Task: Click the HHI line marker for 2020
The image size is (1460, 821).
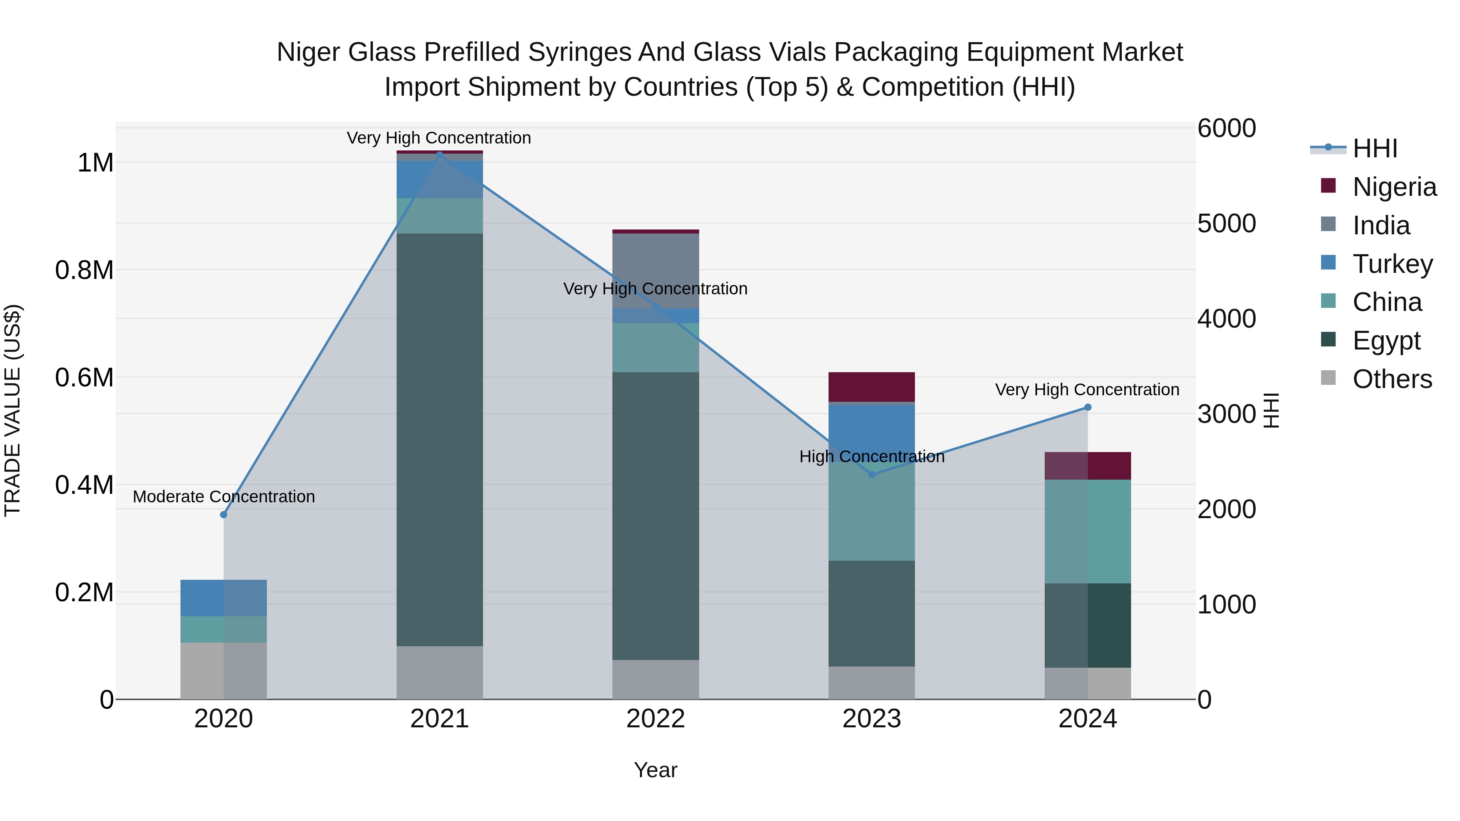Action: (x=223, y=514)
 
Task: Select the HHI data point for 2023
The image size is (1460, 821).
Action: (x=872, y=475)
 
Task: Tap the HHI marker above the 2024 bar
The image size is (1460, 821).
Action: (x=1088, y=407)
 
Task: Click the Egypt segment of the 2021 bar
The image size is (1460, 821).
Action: (x=440, y=439)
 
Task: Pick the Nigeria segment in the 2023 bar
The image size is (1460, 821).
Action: (x=872, y=387)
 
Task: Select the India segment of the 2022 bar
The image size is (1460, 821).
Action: (x=656, y=271)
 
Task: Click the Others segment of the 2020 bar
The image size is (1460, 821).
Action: (x=223, y=671)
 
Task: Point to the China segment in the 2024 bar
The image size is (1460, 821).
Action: (x=1088, y=532)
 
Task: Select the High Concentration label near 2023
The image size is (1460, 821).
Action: (x=872, y=457)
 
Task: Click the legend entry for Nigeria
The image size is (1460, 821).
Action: (x=1394, y=187)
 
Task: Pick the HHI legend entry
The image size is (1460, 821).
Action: (x=1374, y=148)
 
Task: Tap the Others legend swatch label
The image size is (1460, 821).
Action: (x=1392, y=379)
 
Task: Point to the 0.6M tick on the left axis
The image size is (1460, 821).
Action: (x=84, y=378)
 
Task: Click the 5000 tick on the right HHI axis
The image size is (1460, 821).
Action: (x=1226, y=224)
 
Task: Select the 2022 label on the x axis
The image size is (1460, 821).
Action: (x=656, y=719)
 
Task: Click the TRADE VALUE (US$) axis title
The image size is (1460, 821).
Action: (x=13, y=410)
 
